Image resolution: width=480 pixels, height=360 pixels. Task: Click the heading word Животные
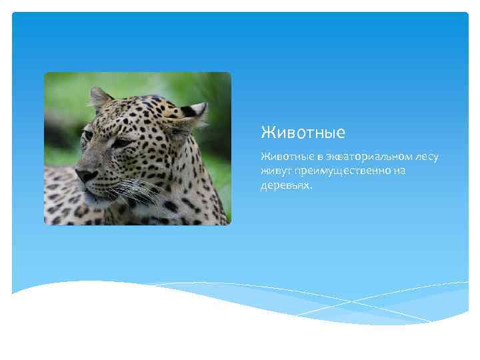click(303, 133)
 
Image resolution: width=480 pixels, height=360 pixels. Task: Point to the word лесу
click(426, 157)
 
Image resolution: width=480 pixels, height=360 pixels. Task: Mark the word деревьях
click(285, 185)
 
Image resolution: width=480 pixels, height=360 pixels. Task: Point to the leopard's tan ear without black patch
click(100, 98)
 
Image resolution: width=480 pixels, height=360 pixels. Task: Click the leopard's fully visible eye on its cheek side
click(121, 142)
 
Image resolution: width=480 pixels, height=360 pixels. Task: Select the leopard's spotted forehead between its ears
click(140, 110)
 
